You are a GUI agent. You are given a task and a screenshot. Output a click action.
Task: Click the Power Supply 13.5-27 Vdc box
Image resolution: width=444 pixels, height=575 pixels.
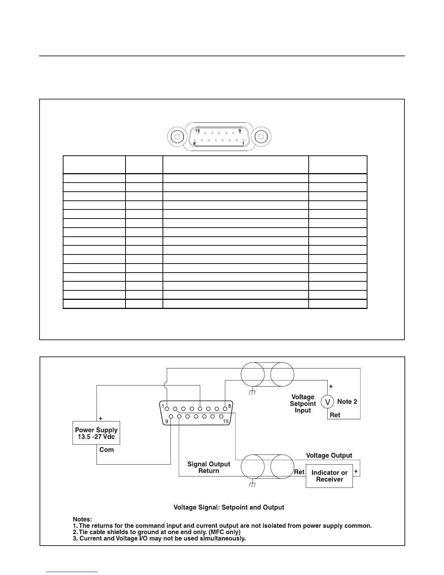pos(96,433)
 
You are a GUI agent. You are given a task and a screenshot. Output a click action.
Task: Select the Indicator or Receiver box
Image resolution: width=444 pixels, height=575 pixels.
pos(329,476)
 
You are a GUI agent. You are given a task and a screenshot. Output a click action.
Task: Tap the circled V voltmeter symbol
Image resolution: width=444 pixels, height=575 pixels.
pos(328,402)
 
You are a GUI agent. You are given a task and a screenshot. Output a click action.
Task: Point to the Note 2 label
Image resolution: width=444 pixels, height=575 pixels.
pos(347,401)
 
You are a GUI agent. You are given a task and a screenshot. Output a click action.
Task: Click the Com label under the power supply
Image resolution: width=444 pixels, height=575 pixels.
pos(107,450)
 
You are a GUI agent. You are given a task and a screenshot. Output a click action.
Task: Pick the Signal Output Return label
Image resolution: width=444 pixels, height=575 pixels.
pos(209,468)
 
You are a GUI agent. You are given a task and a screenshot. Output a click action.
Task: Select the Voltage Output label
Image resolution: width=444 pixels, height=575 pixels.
pos(329,456)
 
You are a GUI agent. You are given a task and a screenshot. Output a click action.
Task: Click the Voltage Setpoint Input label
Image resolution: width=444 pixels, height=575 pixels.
pos(303,404)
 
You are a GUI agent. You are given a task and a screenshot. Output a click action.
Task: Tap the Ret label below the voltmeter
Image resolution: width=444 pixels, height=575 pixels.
pos(335,415)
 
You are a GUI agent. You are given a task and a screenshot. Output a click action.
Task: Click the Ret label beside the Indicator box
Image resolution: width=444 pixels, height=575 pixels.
pos(299,472)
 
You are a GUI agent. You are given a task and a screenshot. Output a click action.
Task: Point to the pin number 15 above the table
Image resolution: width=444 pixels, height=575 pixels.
pos(197,131)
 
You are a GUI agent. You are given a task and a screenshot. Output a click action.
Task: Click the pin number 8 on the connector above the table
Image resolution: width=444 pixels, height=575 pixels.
pos(194,144)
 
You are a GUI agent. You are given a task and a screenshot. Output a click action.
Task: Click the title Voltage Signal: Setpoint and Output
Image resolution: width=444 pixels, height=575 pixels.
pos(229,507)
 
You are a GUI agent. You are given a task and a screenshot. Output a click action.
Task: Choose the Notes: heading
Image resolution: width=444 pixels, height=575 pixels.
pos(82,519)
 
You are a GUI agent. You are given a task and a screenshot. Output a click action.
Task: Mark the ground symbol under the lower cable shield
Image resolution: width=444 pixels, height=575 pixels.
pos(253,485)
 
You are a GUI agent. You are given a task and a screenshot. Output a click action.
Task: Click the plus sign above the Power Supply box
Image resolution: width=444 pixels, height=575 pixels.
pos(101,419)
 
